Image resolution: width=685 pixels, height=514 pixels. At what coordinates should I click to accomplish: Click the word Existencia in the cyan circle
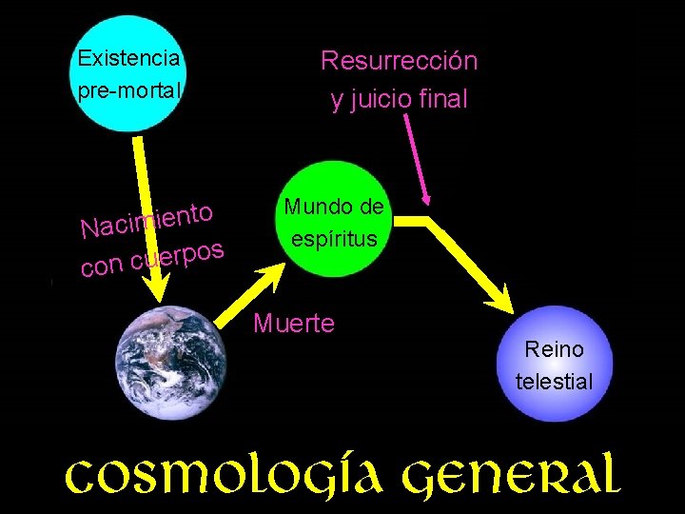coord(128,58)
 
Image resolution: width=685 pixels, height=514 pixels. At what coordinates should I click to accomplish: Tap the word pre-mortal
coord(128,93)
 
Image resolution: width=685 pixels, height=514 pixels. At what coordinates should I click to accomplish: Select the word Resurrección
coord(399,62)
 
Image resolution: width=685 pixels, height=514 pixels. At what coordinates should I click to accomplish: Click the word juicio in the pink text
coord(382,99)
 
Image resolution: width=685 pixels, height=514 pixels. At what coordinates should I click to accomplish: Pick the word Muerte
coord(294,324)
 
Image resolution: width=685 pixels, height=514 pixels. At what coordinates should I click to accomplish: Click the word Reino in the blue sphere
coord(554,349)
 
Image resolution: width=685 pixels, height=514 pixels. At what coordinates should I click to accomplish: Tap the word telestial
coord(554,382)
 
